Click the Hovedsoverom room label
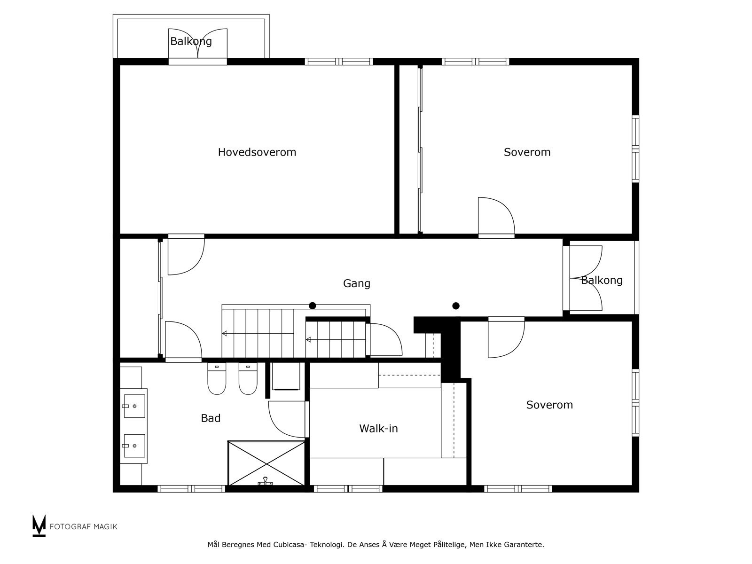(x=257, y=152)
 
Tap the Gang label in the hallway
(x=356, y=283)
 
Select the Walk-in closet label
(x=378, y=428)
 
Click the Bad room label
(x=210, y=418)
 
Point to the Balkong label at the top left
(x=191, y=41)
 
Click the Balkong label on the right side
(x=602, y=280)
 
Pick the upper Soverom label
(x=527, y=152)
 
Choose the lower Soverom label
(x=549, y=405)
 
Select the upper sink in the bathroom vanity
(x=134, y=406)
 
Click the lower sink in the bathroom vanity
(x=134, y=446)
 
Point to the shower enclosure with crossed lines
(x=266, y=462)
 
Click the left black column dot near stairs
(x=313, y=305)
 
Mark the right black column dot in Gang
(x=455, y=305)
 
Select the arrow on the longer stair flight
(x=225, y=333)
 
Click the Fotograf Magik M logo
(x=39, y=526)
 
